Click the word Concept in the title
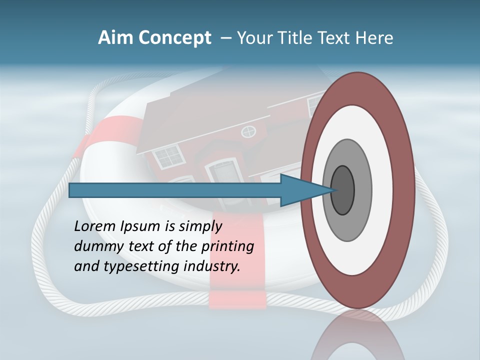(x=175, y=38)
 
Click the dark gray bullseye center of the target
(x=343, y=190)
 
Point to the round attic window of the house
(x=248, y=132)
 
